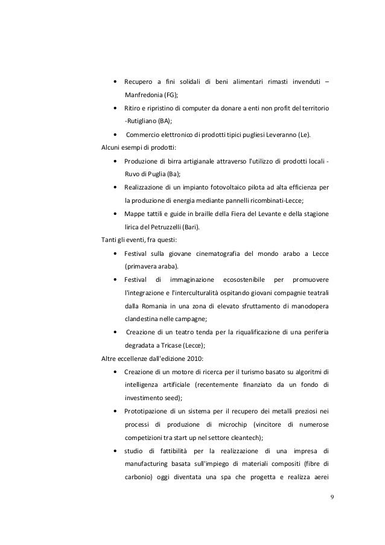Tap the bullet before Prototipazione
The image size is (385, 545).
pos(115,411)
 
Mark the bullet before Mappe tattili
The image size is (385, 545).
pos(115,214)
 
